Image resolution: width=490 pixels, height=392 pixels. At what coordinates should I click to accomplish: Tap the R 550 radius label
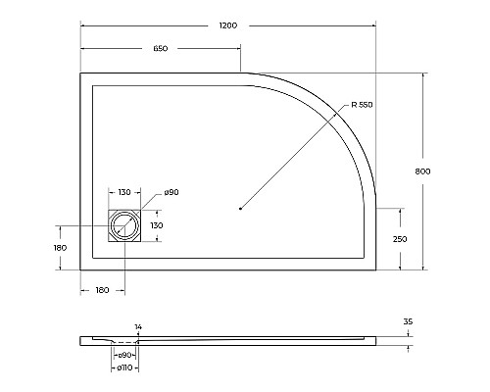click(360, 105)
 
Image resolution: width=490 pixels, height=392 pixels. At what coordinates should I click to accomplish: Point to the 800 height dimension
click(423, 171)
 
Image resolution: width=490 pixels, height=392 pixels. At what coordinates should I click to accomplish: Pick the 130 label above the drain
click(125, 192)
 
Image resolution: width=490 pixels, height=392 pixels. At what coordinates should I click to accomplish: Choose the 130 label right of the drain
click(157, 226)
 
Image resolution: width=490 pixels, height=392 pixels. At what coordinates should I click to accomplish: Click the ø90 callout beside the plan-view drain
click(171, 192)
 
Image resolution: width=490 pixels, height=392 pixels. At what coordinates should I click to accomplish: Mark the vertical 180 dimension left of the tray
click(60, 248)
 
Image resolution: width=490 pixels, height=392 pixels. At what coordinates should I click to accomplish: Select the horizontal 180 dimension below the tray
click(101, 291)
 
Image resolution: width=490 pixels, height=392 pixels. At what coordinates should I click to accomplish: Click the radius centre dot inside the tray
click(241, 207)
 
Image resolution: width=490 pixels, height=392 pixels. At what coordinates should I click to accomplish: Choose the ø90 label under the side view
click(125, 354)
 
